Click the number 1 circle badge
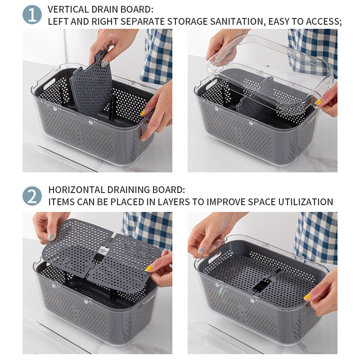[32, 15]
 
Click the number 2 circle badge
[32, 196]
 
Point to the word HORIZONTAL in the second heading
[76, 190]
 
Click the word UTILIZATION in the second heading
[306, 202]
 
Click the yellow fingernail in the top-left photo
[143, 113]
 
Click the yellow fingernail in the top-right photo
[318, 102]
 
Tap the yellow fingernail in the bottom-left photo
[148, 268]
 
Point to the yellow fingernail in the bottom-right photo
[307, 297]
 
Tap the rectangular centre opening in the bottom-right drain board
[261, 286]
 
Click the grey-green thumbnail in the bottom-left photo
[51, 237]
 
